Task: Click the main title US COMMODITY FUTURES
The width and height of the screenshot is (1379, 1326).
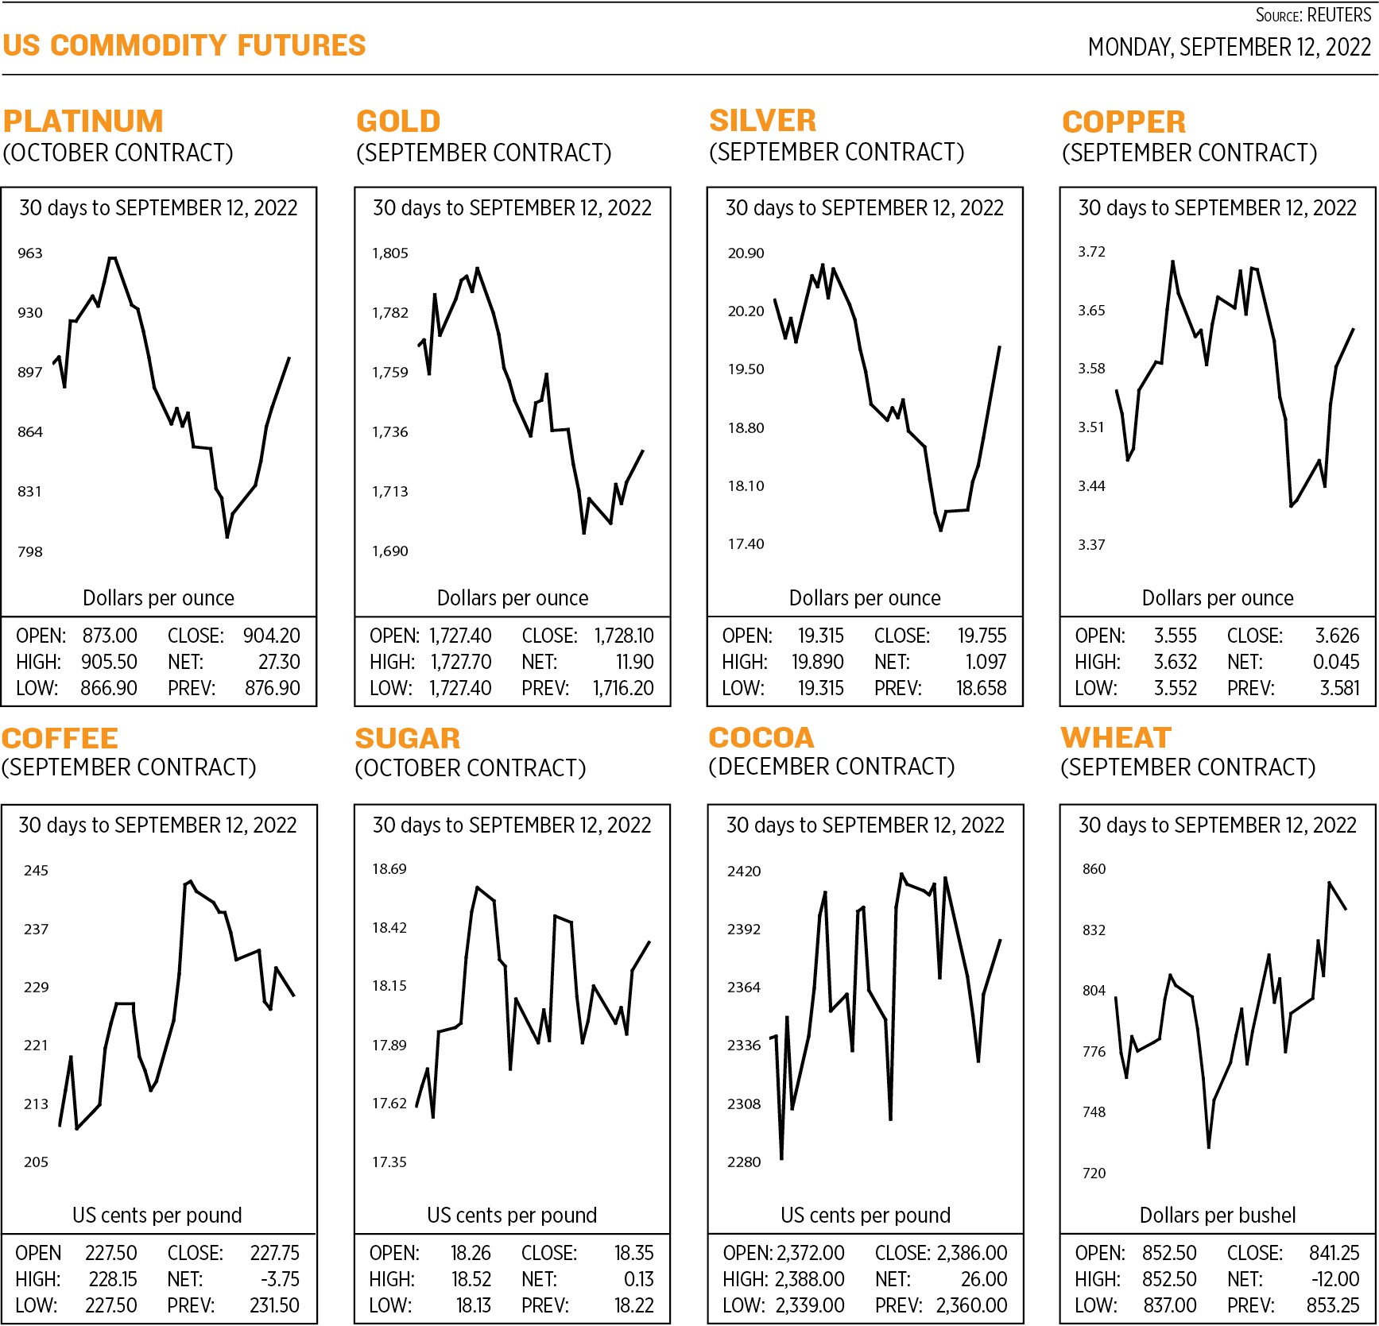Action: click(184, 45)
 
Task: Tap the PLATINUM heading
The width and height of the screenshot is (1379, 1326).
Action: click(83, 122)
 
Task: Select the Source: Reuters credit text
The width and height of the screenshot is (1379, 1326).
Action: click(1313, 15)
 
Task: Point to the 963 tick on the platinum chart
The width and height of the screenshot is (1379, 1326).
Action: click(30, 253)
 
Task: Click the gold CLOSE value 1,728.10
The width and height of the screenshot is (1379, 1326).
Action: click(624, 636)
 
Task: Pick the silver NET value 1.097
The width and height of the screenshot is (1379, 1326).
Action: click(986, 662)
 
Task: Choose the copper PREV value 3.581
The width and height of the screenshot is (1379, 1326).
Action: click(1340, 688)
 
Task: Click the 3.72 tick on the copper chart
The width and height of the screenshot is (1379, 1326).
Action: click(1091, 252)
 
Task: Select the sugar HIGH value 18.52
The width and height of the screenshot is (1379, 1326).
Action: click(471, 1279)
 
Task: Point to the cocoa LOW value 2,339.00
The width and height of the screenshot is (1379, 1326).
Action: click(810, 1305)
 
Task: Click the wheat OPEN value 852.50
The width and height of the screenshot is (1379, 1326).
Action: click(1169, 1253)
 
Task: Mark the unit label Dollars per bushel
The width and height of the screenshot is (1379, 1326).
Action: click(1218, 1215)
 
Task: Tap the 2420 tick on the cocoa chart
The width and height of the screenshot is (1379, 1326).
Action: click(744, 872)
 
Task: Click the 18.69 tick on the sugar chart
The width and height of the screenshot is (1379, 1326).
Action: click(389, 869)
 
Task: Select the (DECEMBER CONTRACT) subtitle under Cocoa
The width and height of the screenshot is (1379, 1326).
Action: click(831, 767)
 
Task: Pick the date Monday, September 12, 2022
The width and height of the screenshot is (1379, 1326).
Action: click(1230, 48)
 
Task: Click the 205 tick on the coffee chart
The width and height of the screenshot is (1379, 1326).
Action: click(36, 1162)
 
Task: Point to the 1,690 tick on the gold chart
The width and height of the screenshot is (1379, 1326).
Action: click(390, 551)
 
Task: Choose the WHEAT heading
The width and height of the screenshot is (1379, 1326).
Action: click(1117, 738)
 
